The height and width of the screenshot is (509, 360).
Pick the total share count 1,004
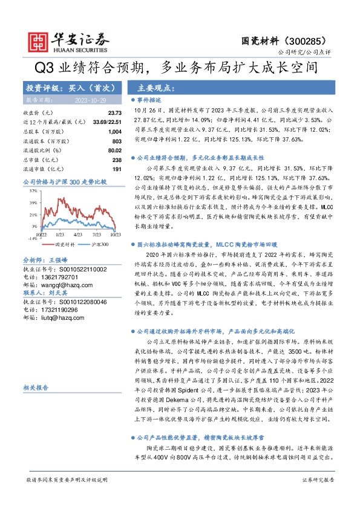(x=114, y=132)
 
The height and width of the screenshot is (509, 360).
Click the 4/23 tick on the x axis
(x=77, y=233)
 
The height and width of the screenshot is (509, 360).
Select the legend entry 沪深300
(x=100, y=245)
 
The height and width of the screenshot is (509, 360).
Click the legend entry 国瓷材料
(x=65, y=245)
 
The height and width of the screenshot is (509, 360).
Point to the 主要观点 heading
(x=154, y=88)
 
